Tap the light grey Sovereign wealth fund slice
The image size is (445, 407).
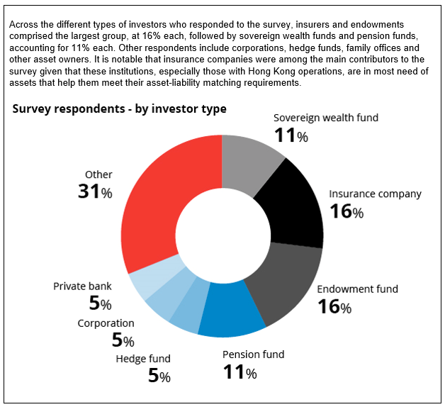click(249, 162)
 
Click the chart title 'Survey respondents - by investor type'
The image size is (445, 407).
click(119, 108)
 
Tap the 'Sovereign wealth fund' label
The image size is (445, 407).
click(326, 118)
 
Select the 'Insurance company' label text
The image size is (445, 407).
click(375, 194)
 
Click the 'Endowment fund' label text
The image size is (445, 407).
click(357, 289)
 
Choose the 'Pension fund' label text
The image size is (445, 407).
click(253, 355)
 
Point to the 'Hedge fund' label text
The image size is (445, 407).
click(143, 359)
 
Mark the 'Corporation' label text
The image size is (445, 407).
click(106, 323)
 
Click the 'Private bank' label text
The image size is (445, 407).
click(82, 286)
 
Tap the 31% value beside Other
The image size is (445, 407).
click(95, 191)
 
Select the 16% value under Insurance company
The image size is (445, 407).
click(347, 211)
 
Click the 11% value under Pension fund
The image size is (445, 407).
click(240, 372)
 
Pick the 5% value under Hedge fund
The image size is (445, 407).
click(159, 376)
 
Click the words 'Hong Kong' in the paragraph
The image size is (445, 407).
click(267, 72)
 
